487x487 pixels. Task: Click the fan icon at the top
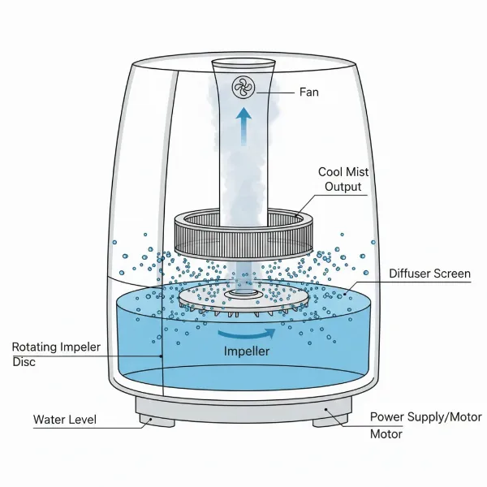point(243,88)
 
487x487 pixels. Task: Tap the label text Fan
point(308,93)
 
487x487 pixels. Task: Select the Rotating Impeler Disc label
point(56,355)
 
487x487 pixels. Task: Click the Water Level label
point(65,420)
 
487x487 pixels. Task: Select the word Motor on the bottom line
point(387,433)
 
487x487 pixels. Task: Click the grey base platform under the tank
point(243,405)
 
